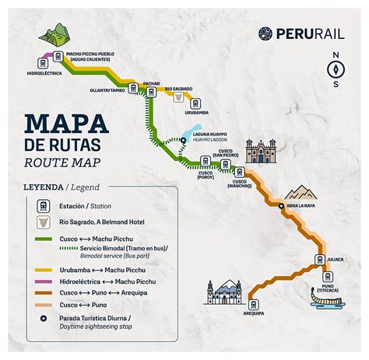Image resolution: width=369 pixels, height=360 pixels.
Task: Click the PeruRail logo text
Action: pos(311,33)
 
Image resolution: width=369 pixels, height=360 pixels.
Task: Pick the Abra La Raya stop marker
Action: pos(281,205)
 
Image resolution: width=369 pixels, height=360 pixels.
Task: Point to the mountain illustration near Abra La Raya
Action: pos(300,190)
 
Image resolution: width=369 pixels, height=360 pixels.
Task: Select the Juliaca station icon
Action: pos(319,259)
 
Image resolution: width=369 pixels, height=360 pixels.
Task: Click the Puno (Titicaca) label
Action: pos(326,287)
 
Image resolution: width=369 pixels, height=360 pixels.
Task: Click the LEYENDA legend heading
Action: pos(44,187)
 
